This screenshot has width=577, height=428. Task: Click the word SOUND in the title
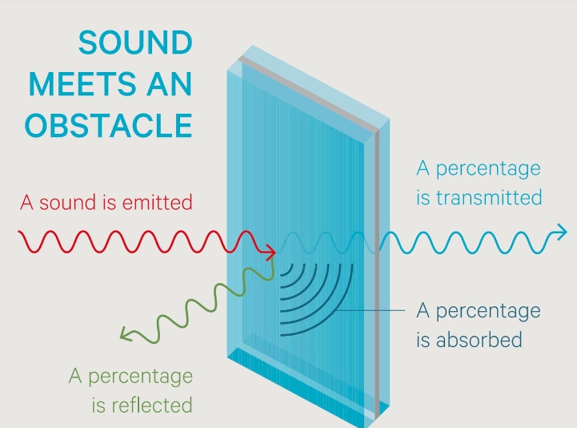coord(135,42)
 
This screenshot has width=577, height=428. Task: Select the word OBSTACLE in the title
coord(109,125)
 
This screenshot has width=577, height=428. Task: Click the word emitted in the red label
coord(157,203)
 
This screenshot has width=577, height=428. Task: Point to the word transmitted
coord(489,197)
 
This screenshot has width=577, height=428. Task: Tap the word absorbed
coord(479,340)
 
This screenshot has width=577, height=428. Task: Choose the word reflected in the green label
coord(152,405)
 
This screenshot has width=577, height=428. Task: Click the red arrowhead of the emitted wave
coord(270,252)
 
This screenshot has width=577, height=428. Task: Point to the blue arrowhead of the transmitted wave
coord(561,232)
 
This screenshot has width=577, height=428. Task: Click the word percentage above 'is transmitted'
coord(488,170)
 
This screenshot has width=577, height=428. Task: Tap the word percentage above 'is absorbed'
coord(488,312)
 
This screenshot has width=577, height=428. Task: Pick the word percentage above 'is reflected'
coord(141,378)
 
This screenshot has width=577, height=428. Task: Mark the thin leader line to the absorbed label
coord(370,310)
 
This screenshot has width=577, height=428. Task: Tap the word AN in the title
coord(170,84)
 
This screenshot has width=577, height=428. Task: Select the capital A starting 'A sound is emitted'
coord(27,203)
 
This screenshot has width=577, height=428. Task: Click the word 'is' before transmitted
coord(423,197)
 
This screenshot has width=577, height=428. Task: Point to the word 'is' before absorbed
coord(423,340)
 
